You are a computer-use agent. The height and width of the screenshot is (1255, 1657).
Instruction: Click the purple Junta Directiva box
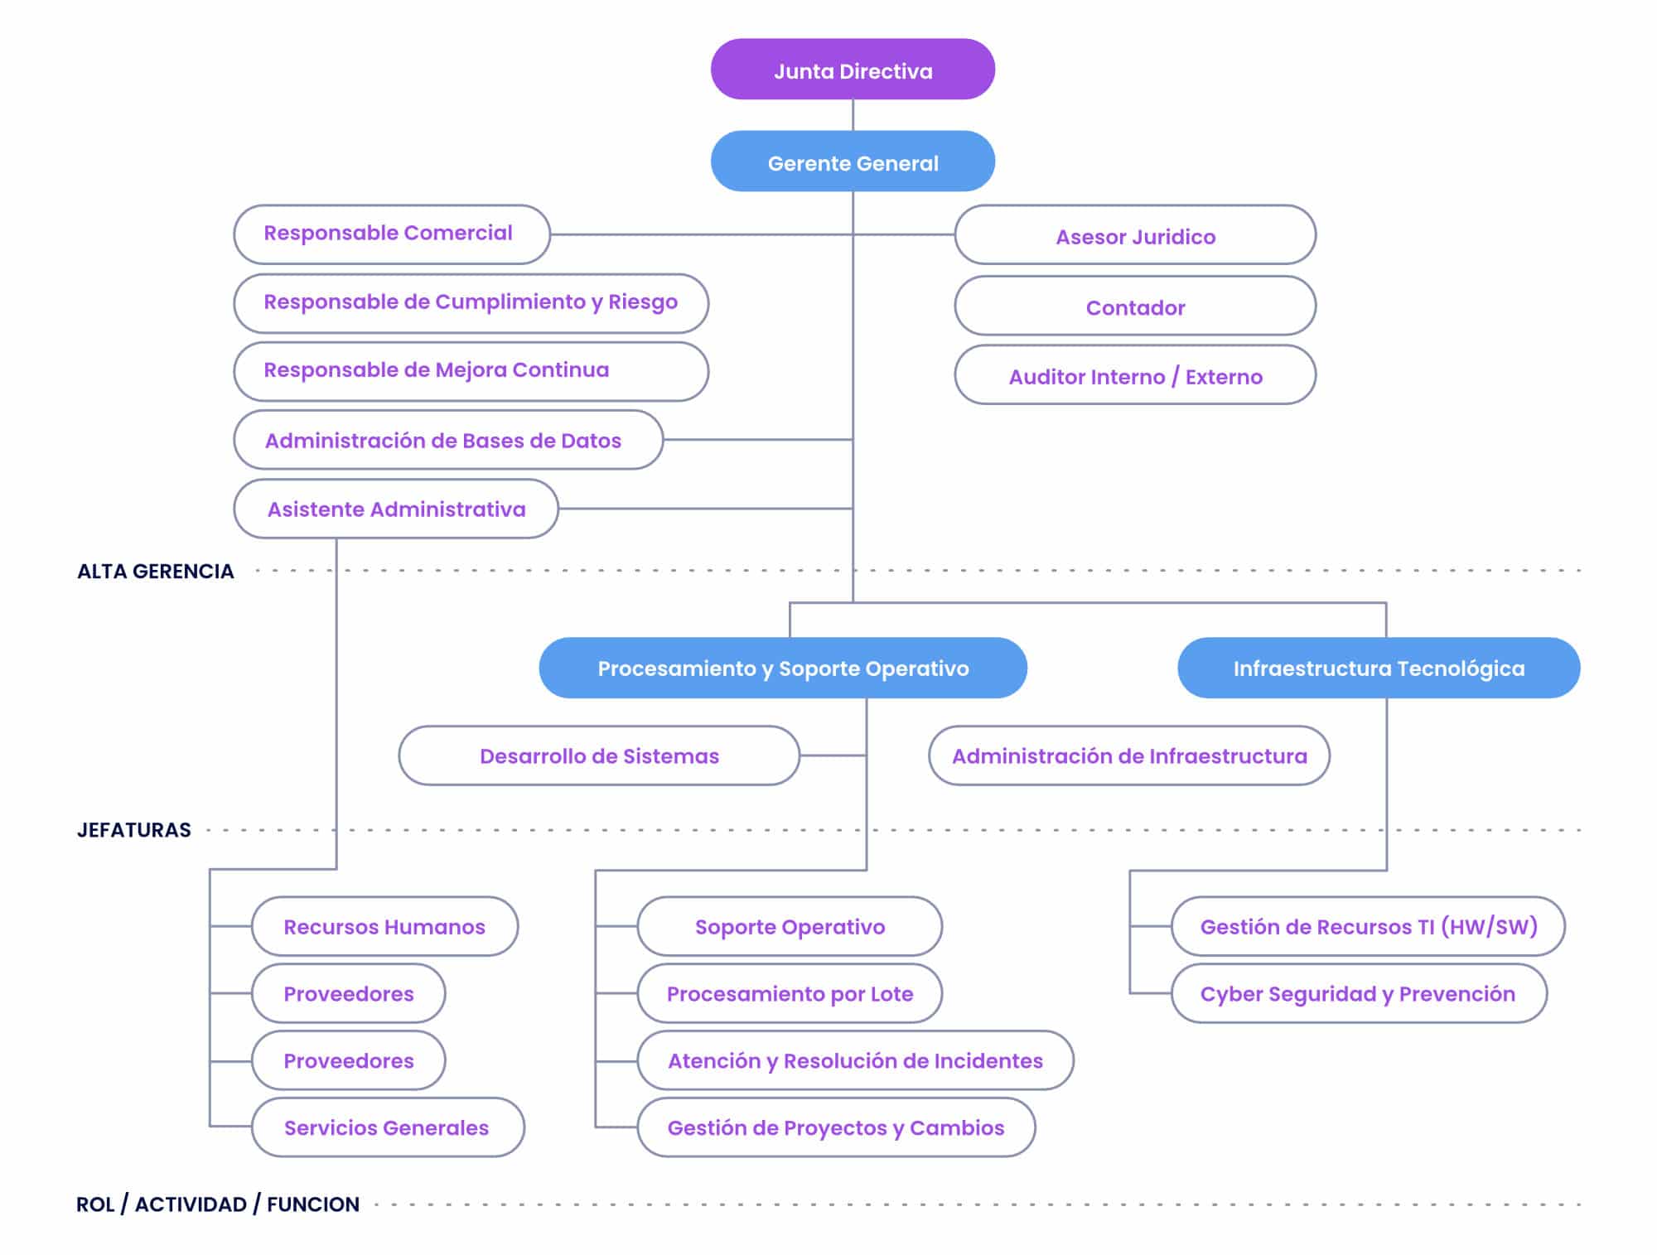pyautogui.click(x=853, y=70)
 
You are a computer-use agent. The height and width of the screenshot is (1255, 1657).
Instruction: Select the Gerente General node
pyautogui.click(x=853, y=162)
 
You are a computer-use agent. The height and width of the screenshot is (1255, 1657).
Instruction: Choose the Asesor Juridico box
pyautogui.click(x=1134, y=236)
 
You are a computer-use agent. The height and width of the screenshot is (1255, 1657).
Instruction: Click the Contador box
pyautogui.click(x=1134, y=307)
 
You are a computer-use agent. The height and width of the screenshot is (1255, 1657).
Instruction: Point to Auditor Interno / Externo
pyautogui.click(x=1134, y=376)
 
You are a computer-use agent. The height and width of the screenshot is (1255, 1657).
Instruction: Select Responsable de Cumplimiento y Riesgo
pyautogui.click(x=470, y=303)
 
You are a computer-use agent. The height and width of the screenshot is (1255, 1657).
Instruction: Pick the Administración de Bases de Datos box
pyautogui.click(x=447, y=440)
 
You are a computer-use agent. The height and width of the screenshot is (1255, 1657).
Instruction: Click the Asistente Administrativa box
pyautogui.click(x=395, y=509)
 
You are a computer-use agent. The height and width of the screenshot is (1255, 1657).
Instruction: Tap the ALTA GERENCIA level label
pyautogui.click(x=156, y=571)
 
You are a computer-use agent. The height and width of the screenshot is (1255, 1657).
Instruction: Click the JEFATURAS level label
pyautogui.click(x=134, y=829)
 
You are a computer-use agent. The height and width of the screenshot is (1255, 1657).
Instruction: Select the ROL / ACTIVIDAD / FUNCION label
pyautogui.click(x=218, y=1204)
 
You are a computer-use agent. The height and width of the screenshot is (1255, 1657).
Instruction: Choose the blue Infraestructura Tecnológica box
pyautogui.click(x=1378, y=668)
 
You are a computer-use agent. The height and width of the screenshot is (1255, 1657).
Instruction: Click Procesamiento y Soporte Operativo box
pyautogui.click(x=782, y=668)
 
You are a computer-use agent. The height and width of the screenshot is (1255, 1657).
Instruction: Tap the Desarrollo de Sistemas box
pyautogui.click(x=598, y=755)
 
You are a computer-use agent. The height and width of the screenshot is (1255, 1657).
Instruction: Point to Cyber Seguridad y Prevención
pyautogui.click(x=1358, y=993)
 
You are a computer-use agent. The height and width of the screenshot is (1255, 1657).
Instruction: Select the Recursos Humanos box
pyautogui.click(x=384, y=926)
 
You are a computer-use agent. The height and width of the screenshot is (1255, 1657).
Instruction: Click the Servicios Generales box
pyautogui.click(x=387, y=1127)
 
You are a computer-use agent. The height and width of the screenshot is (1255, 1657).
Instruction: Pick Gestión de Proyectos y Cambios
pyautogui.click(x=835, y=1127)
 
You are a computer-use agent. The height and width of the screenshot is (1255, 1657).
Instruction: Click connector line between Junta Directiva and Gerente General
pyautogui.click(x=853, y=115)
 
